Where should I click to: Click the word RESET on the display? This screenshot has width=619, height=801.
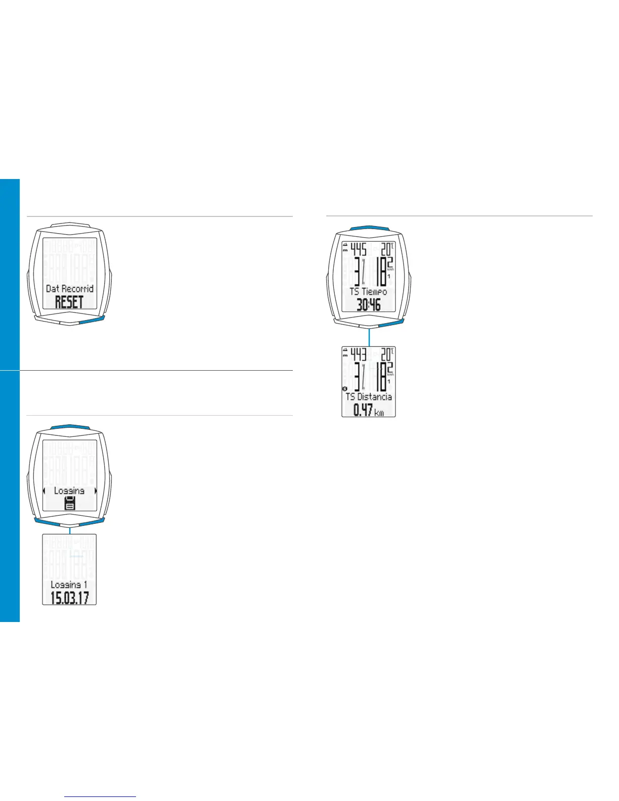tap(69, 302)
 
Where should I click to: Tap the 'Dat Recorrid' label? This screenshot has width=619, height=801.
tap(69, 289)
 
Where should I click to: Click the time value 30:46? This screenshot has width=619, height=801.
tap(368, 305)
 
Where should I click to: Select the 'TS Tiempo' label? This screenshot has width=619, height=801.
tap(368, 292)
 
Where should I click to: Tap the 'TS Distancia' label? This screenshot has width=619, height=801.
tap(369, 397)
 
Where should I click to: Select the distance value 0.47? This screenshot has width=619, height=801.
tap(362, 411)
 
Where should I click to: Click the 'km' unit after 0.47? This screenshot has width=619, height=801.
tap(379, 413)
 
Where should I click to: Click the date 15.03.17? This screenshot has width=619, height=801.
tap(69, 598)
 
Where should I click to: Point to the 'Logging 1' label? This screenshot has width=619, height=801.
tap(69, 585)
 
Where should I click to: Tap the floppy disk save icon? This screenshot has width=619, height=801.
tap(70, 503)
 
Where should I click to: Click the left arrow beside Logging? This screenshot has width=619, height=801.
tap(44, 491)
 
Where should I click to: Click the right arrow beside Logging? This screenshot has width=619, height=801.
tap(95, 491)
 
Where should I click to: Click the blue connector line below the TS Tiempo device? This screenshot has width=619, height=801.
tap(369, 336)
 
